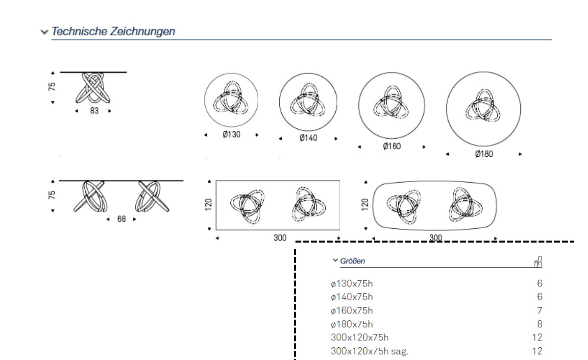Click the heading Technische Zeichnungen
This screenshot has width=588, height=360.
pos(113,32)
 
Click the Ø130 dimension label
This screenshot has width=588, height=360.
pos(231,135)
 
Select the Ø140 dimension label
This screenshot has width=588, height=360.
pos(308,138)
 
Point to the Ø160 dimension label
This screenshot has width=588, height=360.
pos(392,146)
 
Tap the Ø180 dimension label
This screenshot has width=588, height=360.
pos(484,154)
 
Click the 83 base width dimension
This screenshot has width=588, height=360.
pos(94,111)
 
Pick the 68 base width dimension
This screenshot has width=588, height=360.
pos(121,219)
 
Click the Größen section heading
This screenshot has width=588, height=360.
pos(352,261)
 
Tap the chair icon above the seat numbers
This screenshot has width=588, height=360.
pos(538,262)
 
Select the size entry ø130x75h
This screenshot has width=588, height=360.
pos(352,284)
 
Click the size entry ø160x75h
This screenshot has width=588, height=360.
pos(352,311)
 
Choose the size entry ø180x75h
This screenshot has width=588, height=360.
pos(352,324)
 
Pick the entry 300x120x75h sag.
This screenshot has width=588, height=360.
pos(368,351)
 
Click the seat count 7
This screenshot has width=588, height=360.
pos(539,311)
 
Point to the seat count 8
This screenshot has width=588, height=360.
pos(539,324)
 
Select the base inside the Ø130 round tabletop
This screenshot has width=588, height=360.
pos(231,99)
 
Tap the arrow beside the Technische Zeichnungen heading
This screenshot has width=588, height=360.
pos(45,32)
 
